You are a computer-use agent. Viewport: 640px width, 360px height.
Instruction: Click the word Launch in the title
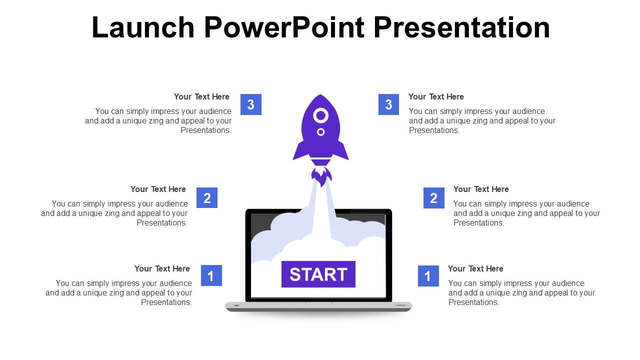point(143,27)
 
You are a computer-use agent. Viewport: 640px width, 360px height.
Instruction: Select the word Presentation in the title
point(461,27)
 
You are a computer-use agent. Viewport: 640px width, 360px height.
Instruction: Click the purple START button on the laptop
point(318,274)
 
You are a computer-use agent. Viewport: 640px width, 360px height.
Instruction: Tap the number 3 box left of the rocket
point(251,104)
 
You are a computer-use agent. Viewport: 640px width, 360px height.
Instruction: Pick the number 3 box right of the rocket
point(388,104)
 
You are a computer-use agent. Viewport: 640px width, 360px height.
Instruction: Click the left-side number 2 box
point(207,197)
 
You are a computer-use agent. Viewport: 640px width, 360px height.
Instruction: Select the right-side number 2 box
point(433,198)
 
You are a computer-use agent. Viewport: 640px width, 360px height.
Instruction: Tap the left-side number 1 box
point(211,275)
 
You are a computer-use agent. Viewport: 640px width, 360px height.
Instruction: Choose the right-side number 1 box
point(428,276)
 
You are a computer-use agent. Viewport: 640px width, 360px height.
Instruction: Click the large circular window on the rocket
point(320,115)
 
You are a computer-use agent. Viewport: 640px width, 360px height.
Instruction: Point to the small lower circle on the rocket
point(320,132)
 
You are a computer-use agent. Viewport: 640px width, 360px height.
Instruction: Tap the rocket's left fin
point(300,150)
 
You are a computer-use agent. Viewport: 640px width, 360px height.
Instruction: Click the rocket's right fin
point(340,150)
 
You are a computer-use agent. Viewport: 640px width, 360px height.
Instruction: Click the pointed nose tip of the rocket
point(320,94)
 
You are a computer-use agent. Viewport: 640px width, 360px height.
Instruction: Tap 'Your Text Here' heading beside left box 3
point(201,97)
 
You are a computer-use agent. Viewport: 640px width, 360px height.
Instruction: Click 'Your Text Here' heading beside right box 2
point(481,189)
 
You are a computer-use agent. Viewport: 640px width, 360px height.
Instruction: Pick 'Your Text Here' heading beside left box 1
point(162,269)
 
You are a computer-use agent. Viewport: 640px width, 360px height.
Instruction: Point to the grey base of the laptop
point(318,306)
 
